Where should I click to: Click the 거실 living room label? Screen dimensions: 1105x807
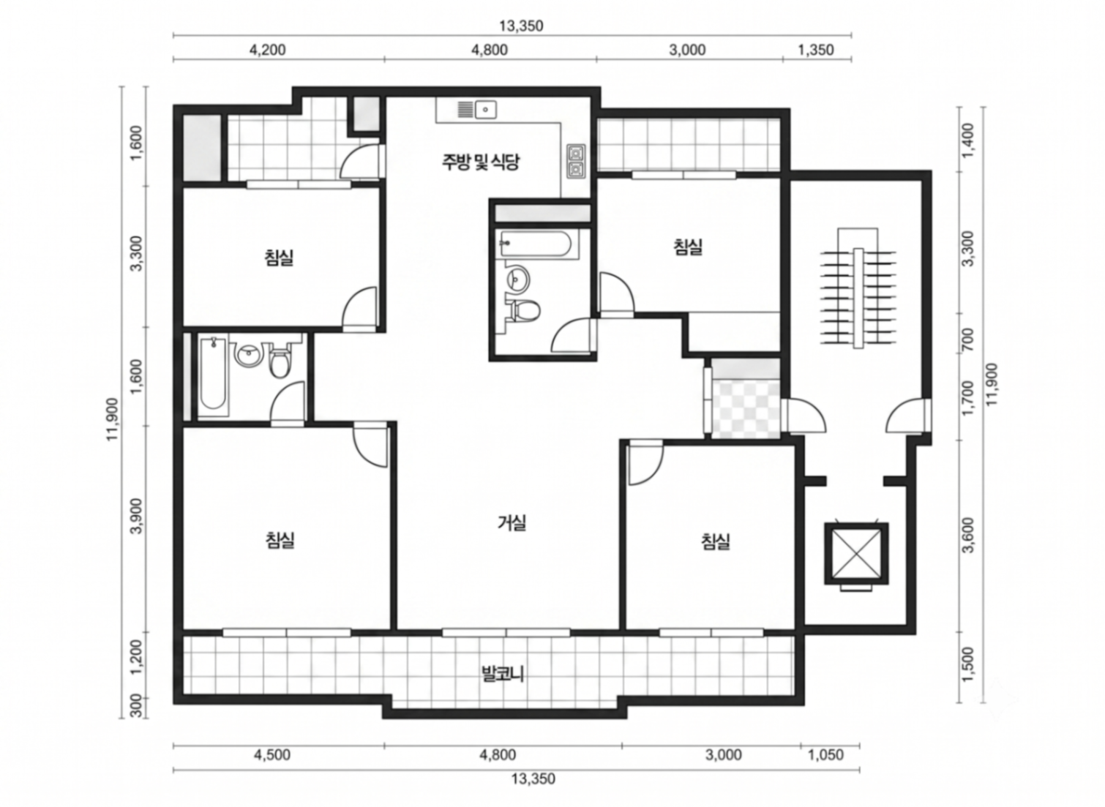coord(512,522)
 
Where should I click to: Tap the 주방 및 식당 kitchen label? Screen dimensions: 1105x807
coord(481,162)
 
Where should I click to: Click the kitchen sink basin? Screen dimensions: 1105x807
coord(486,110)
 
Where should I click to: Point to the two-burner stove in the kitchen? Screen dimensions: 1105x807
coord(576,161)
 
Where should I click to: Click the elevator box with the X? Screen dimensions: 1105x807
coord(856,553)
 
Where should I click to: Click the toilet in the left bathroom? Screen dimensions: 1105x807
coord(280,361)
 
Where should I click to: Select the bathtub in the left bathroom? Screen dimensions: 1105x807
coord(213,375)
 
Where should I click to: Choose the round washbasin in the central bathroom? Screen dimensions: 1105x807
coord(517,279)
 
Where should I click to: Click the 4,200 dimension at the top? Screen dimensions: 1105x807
coord(267,50)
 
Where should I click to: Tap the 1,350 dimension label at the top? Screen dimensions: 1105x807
coord(815,50)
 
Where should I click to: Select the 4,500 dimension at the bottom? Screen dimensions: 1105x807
coord(271,755)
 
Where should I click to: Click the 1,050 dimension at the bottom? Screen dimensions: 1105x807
coord(825,755)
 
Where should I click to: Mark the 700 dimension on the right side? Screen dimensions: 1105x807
coord(967,340)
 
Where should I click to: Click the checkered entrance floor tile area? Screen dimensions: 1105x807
coord(746,410)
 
